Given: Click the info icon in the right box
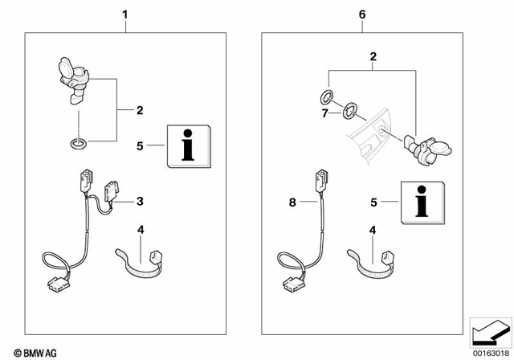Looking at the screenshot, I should tap(422, 199).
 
